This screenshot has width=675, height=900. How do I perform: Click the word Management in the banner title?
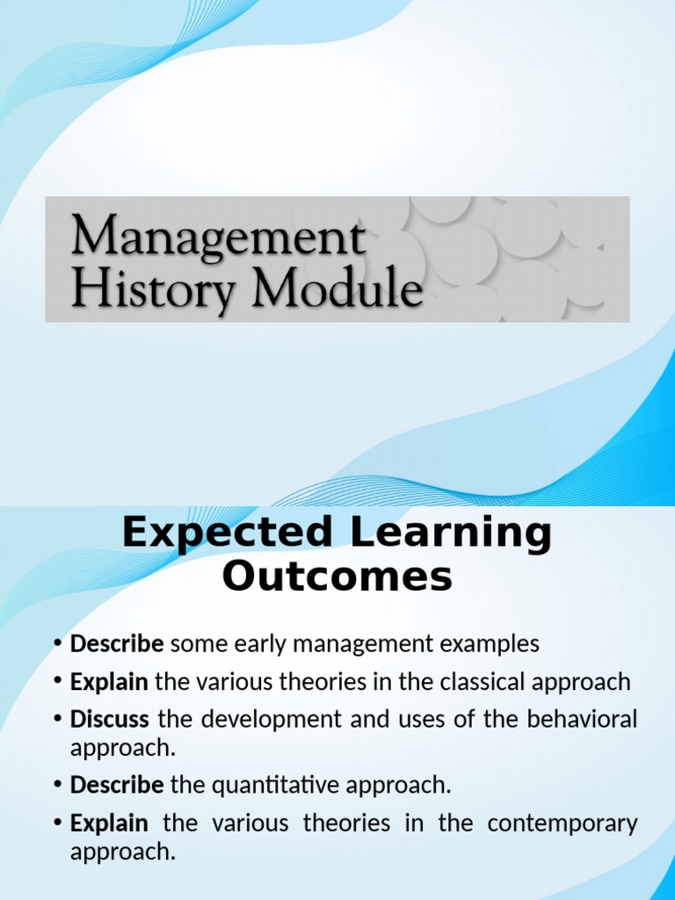pos(218,238)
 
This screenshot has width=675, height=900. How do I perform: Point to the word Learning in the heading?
pos(446,533)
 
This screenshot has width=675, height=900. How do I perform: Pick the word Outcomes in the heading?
pos(337,577)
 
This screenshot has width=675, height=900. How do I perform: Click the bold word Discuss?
pos(109,719)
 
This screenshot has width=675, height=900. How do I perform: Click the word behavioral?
pos(581,719)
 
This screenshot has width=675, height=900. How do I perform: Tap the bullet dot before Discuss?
pos(58,719)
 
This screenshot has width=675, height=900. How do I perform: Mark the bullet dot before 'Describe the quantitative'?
pos(58,784)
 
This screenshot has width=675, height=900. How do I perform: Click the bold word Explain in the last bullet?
pos(109,824)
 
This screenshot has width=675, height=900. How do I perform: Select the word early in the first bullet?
pos(255,644)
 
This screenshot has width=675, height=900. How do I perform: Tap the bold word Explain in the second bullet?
pos(109,681)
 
